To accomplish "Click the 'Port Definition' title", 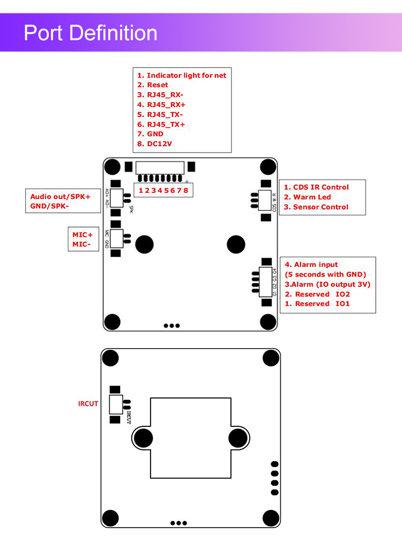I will pyautogui.click(x=91, y=33).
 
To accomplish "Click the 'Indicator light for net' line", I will pyautogui.click(x=182, y=76).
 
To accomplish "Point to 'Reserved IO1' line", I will pyautogui.click(x=317, y=304).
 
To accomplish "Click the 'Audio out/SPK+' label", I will pyautogui.click(x=61, y=197).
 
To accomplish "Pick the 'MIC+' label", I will pyautogui.click(x=83, y=235).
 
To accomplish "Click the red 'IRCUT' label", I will pyautogui.click(x=88, y=403).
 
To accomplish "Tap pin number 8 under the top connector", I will pyautogui.click(x=185, y=190).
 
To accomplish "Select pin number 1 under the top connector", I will pyautogui.click(x=140, y=190).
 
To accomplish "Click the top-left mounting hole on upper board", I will pyautogui.click(x=112, y=167).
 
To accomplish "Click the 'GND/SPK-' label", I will pyautogui.click(x=50, y=206).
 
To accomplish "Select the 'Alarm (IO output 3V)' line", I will pyautogui.click(x=327, y=284).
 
